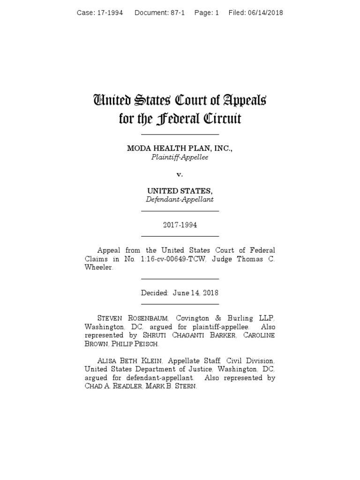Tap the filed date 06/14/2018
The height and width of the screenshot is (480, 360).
(266, 13)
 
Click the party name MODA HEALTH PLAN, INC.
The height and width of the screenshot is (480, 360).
(180, 148)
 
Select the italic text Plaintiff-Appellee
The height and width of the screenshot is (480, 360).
(180, 157)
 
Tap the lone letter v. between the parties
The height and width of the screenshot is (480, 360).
(180, 174)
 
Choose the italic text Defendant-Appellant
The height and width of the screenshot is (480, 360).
(180, 200)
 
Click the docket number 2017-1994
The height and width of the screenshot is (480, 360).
(180, 225)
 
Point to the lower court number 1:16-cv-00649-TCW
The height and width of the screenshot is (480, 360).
(172, 259)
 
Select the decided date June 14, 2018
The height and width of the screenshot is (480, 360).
(195, 293)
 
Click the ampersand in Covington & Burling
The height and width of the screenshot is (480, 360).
(219, 319)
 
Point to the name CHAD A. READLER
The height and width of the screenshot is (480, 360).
(112, 386)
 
